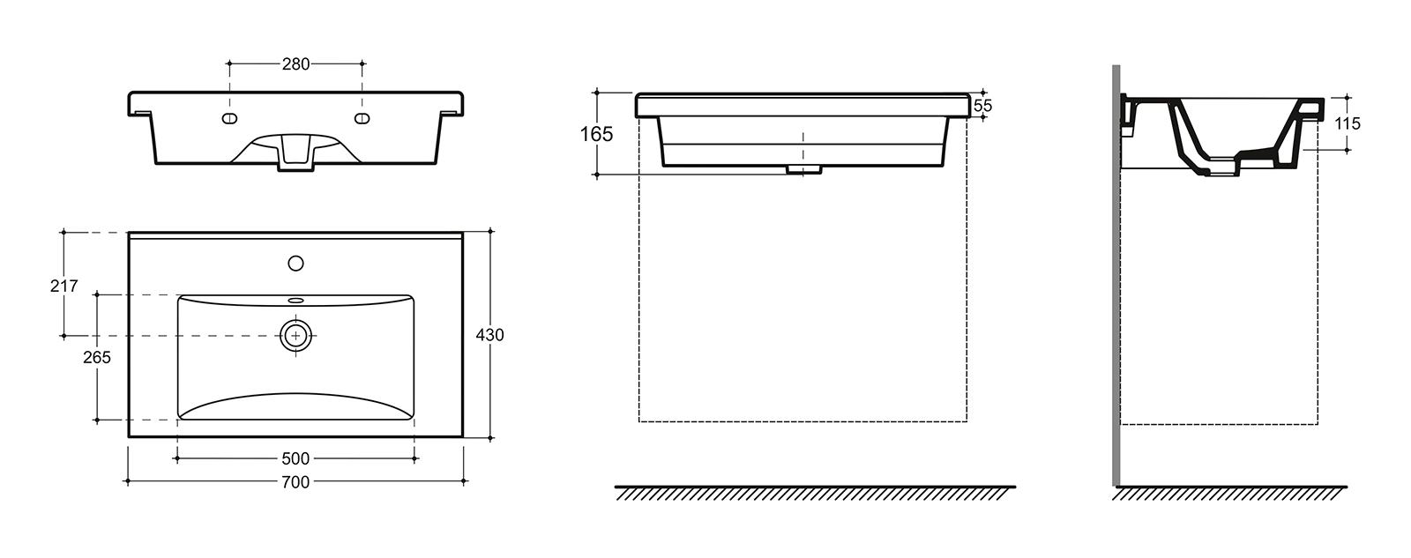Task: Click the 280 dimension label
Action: tap(295, 64)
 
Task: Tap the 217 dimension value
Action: tap(63, 286)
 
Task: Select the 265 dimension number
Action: tap(96, 358)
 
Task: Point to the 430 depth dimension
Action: tap(489, 335)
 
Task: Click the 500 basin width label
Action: tap(295, 458)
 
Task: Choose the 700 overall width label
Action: tap(295, 482)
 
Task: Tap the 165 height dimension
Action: tap(596, 134)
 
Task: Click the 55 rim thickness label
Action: tap(982, 106)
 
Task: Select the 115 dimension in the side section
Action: tap(1348, 123)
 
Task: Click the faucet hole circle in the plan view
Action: tap(295, 264)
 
